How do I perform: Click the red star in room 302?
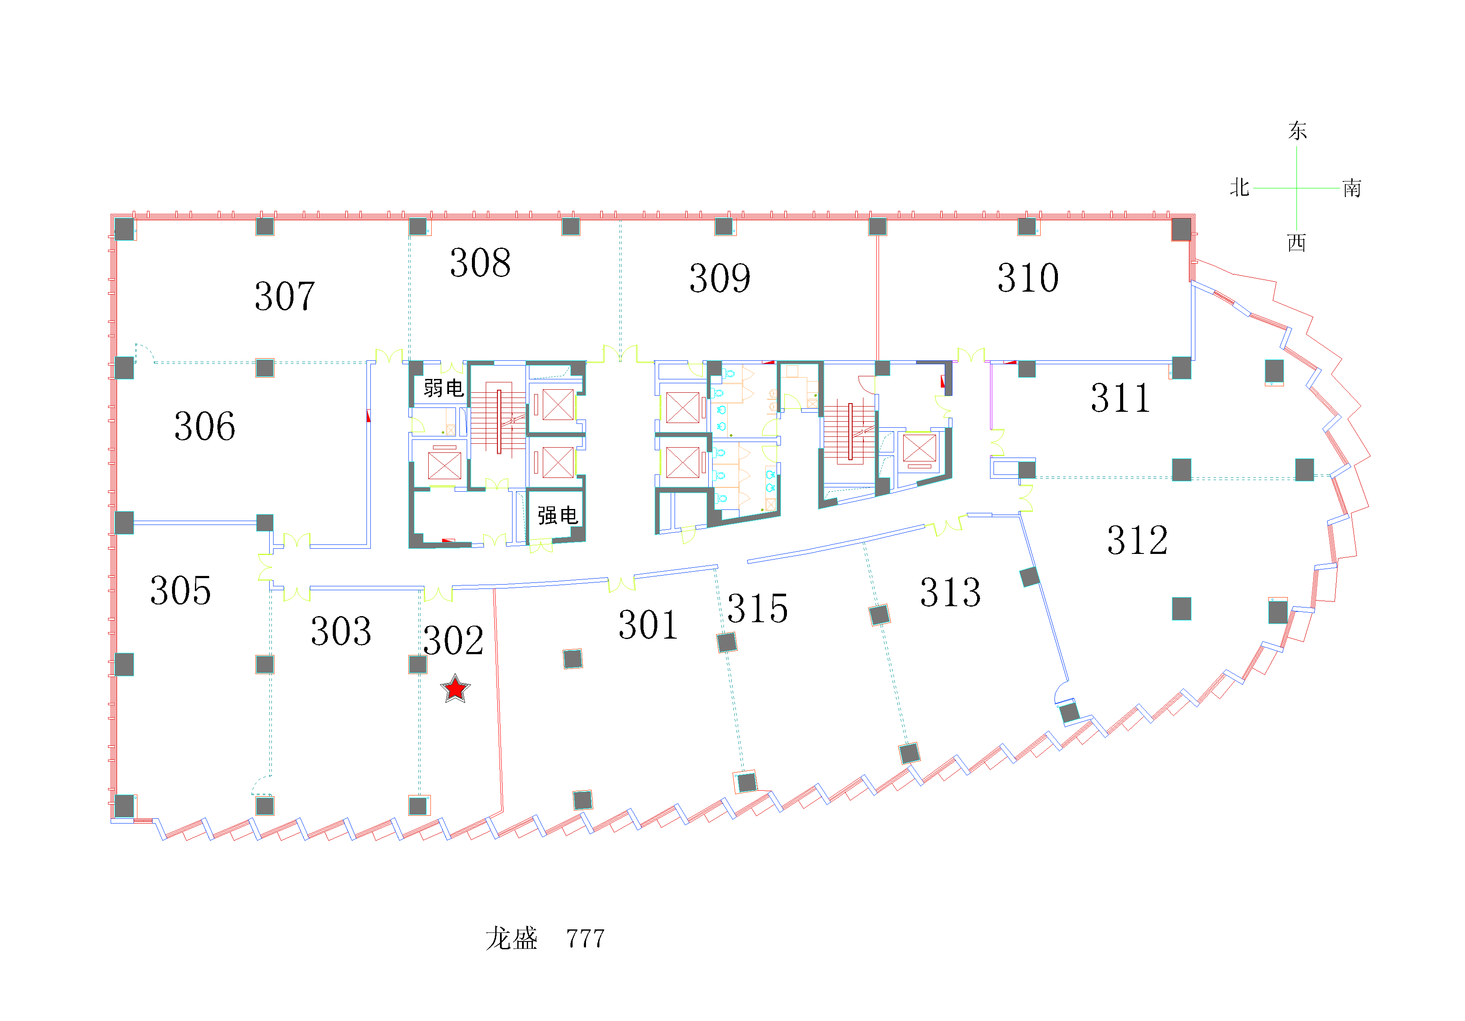click(x=455, y=689)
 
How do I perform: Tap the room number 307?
click(x=285, y=296)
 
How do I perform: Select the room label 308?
click(x=481, y=262)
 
